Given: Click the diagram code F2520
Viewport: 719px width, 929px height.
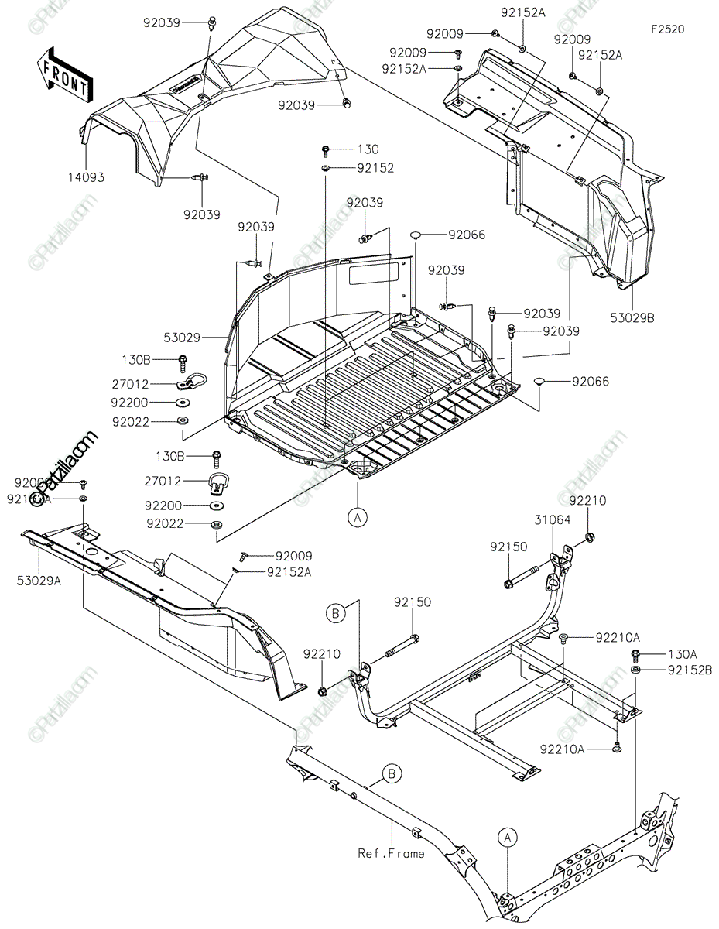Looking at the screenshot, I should tap(666, 29).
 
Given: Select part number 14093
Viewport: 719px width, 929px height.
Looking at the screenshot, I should tap(85, 177).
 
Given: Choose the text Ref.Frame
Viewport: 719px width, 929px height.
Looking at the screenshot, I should tap(391, 853).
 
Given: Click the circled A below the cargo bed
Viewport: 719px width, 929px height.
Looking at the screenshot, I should tap(357, 517).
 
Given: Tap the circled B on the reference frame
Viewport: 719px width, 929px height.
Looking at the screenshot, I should tap(392, 773).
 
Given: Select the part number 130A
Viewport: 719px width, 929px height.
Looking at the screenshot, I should tap(682, 653).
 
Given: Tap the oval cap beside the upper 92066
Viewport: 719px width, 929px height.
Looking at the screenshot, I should tap(416, 235).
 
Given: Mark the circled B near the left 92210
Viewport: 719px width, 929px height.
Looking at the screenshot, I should tap(337, 615).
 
